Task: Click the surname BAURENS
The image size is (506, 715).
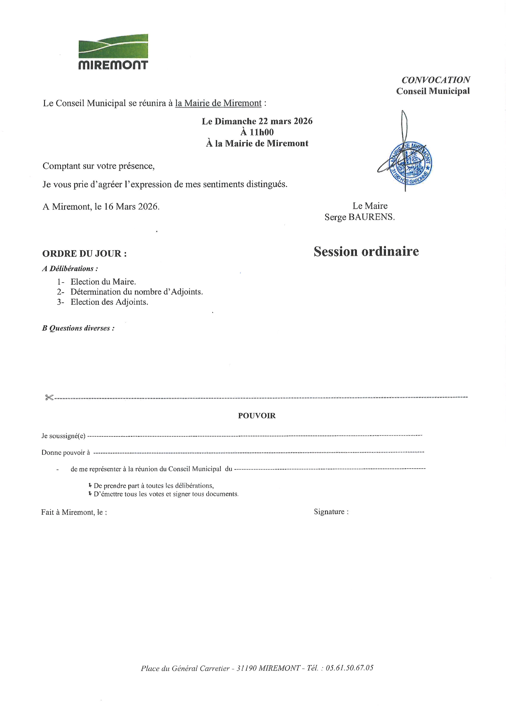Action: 371,217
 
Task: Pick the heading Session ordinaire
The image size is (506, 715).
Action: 366,251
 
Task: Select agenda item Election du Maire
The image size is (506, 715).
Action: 103,282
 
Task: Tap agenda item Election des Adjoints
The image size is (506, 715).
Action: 109,302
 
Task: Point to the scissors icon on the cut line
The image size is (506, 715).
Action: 49,397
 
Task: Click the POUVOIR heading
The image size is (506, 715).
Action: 257,416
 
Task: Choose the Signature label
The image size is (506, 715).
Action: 331,512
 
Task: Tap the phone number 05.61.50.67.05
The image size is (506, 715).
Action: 349,668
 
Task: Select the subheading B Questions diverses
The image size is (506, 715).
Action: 78,328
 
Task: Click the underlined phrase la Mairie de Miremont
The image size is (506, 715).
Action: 218,103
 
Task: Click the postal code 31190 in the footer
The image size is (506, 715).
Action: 246,668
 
